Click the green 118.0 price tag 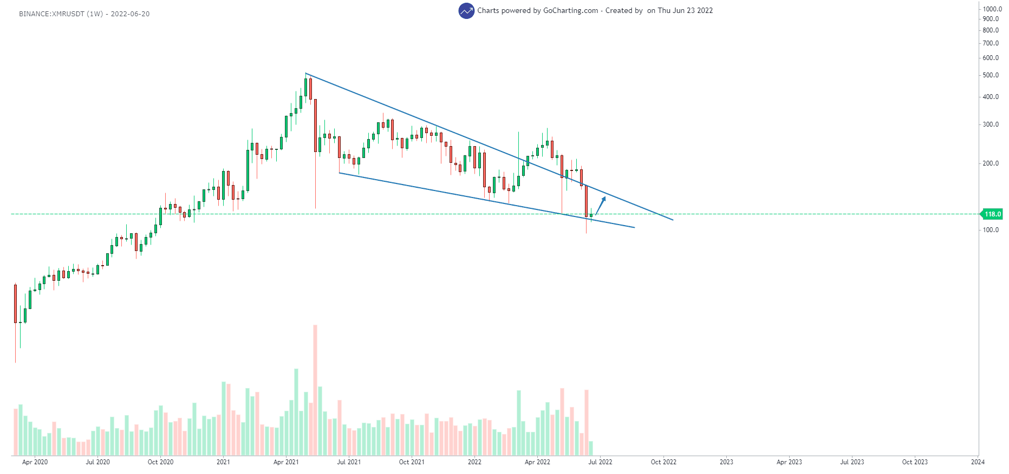(992, 214)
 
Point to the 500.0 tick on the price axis (991, 75)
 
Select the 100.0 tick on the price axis (991, 230)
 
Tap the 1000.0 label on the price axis (992, 9)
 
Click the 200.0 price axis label (991, 163)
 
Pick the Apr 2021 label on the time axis (286, 462)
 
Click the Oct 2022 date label (663, 462)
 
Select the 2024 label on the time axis (978, 462)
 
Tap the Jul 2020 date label (97, 462)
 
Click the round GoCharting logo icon (466, 11)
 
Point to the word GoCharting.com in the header (570, 11)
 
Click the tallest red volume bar (315, 390)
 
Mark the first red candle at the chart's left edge (15, 303)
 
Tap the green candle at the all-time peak (305, 88)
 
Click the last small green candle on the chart (591, 215)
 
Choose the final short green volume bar (591, 448)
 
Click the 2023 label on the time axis (726, 462)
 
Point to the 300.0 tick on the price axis (991, 124)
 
